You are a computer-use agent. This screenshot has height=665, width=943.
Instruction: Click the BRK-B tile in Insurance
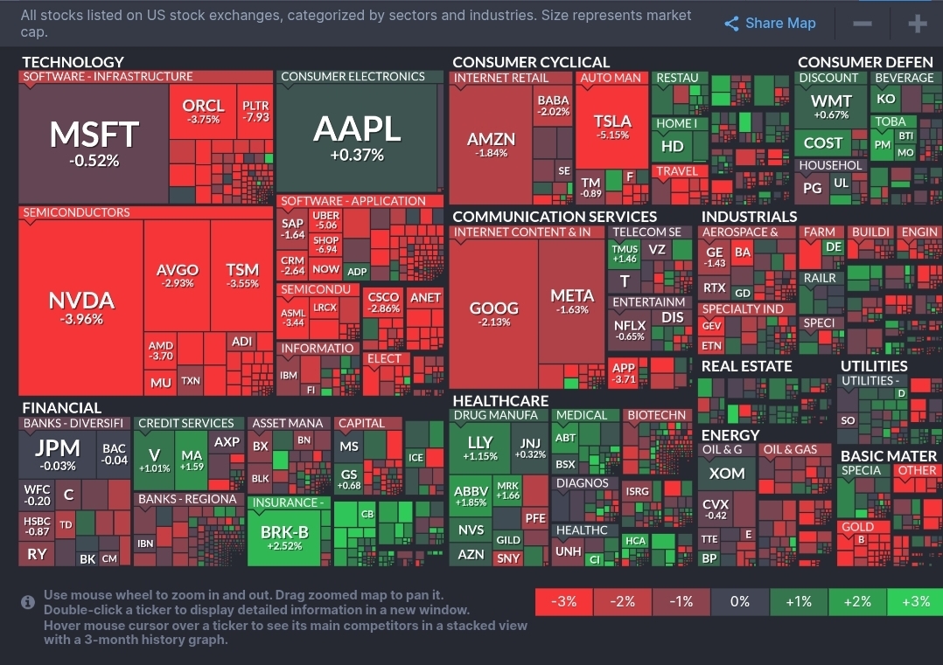click(284, 536)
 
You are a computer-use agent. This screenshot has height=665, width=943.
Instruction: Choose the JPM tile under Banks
click(57, 454)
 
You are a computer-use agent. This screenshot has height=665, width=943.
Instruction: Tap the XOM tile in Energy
click(726, 473)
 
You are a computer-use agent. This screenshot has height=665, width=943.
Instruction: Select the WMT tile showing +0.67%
click(830, 107)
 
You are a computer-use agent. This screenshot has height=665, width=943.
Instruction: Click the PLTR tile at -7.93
click(256, 111)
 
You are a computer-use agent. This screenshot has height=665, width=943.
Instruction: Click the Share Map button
click(770, 24)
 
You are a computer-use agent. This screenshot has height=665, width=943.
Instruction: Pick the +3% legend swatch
click(914, 601)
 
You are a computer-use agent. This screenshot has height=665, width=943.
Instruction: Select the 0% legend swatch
click(739, 601)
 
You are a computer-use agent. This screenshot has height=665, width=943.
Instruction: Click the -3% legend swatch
click(563, 601)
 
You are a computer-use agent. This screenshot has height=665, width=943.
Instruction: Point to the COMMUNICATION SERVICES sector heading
click(554, 217)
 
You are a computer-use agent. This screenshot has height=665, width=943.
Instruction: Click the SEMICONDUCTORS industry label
click(76, 212)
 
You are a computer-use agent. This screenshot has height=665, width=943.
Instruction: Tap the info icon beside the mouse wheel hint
click(29, 602)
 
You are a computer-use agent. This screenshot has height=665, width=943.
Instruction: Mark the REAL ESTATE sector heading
click(746, 366)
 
